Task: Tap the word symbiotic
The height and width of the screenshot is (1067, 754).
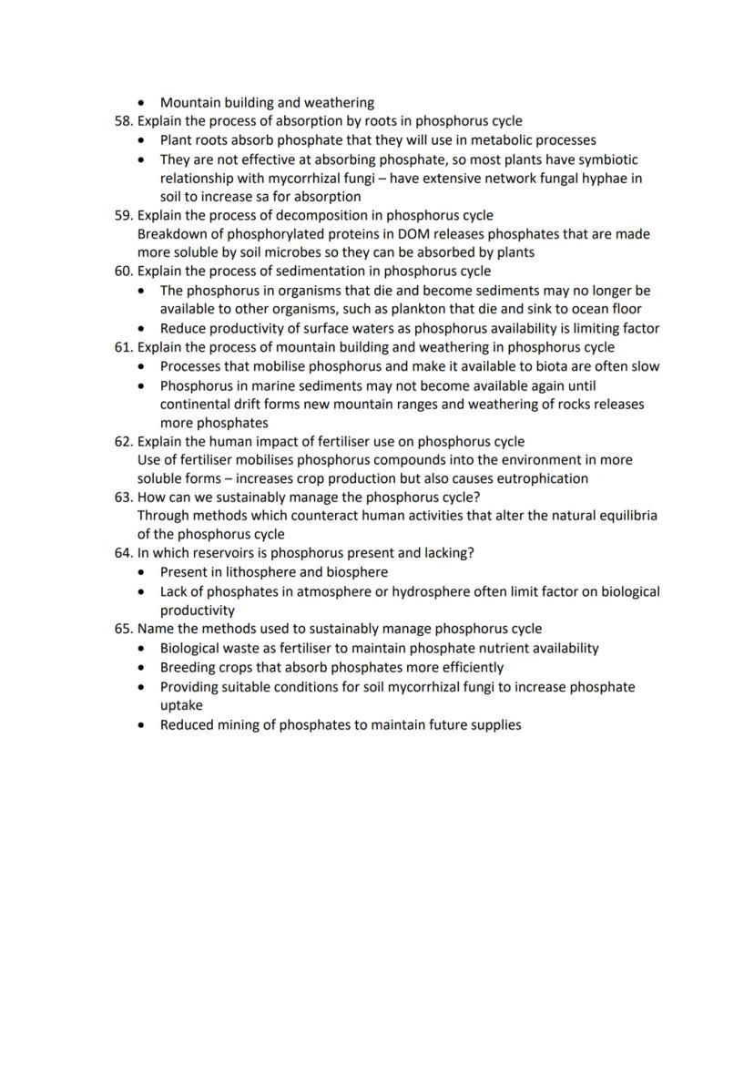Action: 606,159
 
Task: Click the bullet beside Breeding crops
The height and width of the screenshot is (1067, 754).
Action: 140,668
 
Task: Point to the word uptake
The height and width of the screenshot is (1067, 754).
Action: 181,706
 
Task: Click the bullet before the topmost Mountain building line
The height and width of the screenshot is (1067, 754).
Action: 140,103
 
